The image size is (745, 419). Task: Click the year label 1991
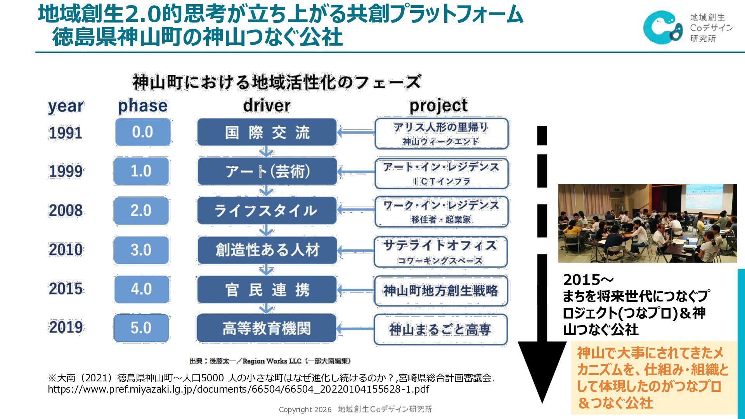click(x=65, y=133)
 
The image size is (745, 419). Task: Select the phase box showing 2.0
click(x=141, y=211)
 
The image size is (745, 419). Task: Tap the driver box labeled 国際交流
click(x=267, y=133)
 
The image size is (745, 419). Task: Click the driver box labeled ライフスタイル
click(x=267, y=211)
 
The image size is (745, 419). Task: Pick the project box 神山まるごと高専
click(x=440, y=329)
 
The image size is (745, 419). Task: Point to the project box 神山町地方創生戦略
click(x=441, y=290)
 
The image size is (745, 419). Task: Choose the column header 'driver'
click(x=267, y=106)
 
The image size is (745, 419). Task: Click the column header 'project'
click(x=438, y=106)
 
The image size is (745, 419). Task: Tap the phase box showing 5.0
click(x=141, y=328)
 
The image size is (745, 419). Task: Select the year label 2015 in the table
click(x=65, y=289)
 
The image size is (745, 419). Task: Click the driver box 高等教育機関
click(x=267, y=328)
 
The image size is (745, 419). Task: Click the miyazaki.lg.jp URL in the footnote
click(x=238, y=389)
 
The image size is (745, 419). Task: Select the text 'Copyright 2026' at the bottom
click(x=305, y=410)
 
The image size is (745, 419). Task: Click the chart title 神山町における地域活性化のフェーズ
click(x=276, y=82)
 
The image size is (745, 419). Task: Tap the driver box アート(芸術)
click(x=267, y=171)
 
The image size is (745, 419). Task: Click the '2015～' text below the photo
click(x=588, y=279)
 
